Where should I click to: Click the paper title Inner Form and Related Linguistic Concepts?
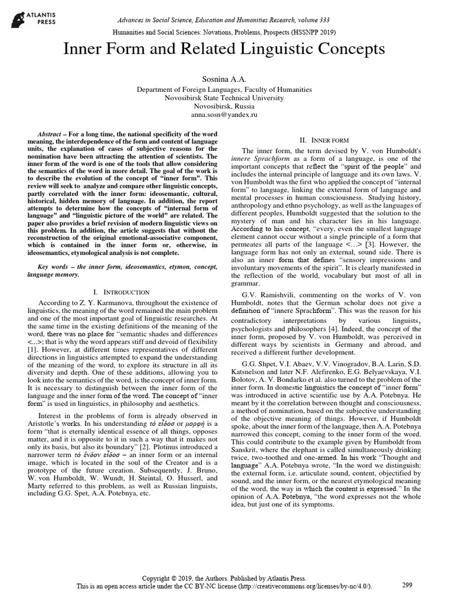(x=224, y=49)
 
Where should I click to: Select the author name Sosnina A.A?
(x=224, y=78)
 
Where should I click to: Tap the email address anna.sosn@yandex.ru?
(x=224, y=117)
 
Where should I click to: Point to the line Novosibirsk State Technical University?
(x=224, y=98)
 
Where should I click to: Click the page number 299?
(x=408, y=584)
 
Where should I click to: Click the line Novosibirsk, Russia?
(x=224, y=108)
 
